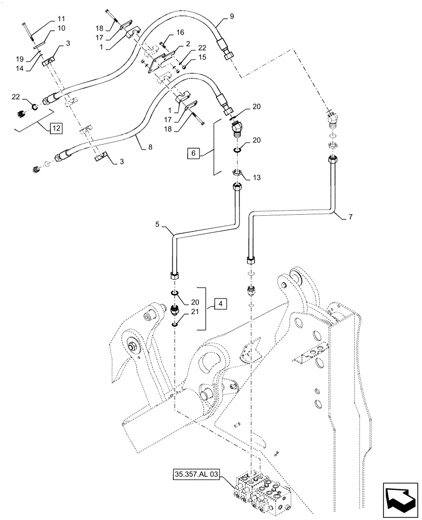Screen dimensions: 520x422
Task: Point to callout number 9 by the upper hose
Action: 231,16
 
